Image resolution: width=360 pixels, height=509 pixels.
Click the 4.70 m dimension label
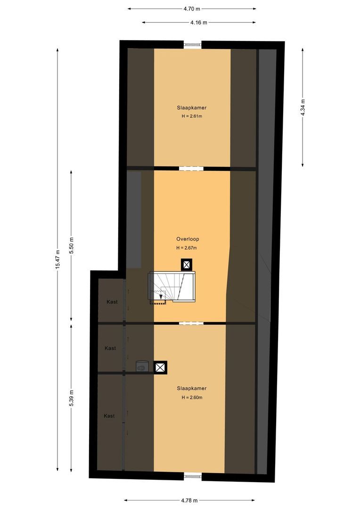pyautogui.click(x=192, y=8)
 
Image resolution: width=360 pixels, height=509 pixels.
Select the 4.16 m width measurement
pyautogui.click(x=198, y=22)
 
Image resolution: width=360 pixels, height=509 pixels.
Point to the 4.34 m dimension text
pyautogui.click(x=303, y=108)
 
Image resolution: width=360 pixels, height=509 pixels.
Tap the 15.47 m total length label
pyautogui.click(x=57, y=259)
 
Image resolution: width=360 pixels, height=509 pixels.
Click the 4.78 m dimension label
pyautogui.click(x=189, y=501)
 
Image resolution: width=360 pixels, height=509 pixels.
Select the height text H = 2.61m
pyautogui.click(x=192, y=116)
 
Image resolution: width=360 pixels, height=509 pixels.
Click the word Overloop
pyautogui.click(x=187, y=239)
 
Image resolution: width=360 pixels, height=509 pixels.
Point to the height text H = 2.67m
pyautogui.click(x=187, y=248)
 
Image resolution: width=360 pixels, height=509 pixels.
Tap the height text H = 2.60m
pyautogui.click(x=192, y=397)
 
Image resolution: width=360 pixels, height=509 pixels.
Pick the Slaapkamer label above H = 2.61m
pyautogui.click(x=192, y=107)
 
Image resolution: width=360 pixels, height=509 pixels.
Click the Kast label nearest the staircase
pyautogui.click(x=112, y=302)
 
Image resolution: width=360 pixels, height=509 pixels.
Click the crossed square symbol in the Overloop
pyautogui.click(x=187, y=264)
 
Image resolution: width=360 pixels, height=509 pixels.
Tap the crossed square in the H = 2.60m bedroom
pyautogui.click(x=161, y=367)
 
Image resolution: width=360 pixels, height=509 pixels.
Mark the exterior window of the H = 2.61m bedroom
pyautogui.click(x=193, y=45)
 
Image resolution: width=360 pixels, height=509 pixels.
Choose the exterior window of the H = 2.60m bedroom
pyautogui.click(x=193, y=475)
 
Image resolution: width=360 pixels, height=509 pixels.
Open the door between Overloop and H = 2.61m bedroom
pyautogui.click(x=191, y=168)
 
